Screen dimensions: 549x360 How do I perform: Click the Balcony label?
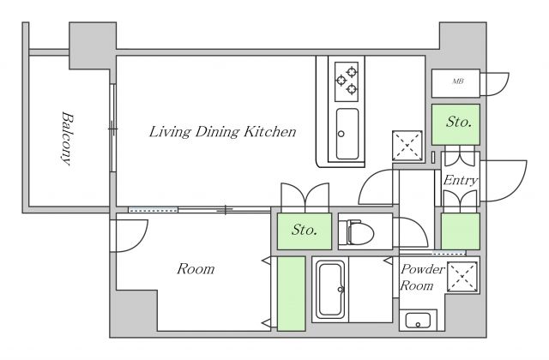point(67,139)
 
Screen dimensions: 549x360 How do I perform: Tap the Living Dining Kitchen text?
point(223,132)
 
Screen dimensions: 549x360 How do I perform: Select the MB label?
point(458,81)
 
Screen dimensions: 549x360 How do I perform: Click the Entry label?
point(461,181)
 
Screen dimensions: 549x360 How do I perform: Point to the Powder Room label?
point(422,277)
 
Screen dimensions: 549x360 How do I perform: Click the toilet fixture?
point(360,232)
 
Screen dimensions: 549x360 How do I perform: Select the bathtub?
point(330,290)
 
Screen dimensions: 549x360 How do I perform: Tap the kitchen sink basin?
point(347,134)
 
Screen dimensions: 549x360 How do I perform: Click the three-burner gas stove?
point(347,81)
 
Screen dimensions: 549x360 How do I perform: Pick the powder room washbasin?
point(418,320)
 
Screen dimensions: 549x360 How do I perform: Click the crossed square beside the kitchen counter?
point(407,146)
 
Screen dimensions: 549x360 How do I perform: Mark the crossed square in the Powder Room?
point(462,276)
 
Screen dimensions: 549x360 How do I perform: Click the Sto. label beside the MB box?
point(458,122)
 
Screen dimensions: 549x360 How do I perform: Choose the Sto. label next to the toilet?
point(305,230)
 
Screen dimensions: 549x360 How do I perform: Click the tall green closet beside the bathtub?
point(292,293)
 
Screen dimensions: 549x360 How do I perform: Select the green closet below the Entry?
point(460,231)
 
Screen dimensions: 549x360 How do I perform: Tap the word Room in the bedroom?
point(196,269)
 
